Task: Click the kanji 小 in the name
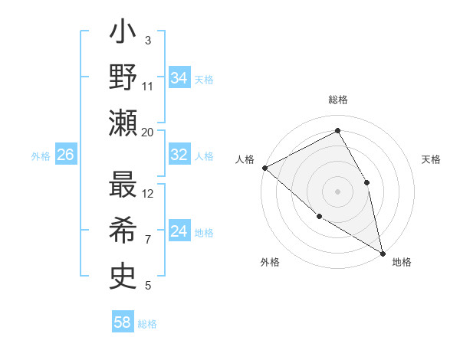point(123,34)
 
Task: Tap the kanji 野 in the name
point(123,78)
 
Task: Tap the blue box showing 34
point(179,78)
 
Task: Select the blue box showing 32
point(179,155)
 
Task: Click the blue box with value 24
point(179,231)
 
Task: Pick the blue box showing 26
point(65,155)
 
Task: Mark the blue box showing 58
point(122,322)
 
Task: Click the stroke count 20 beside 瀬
point(147,132)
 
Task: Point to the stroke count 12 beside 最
point(148,193)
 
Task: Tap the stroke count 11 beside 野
point(148,86)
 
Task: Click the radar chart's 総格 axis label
point(338,100)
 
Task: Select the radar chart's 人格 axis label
point(245,159)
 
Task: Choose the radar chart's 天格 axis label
point(431,159)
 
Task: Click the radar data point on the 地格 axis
point(383,252)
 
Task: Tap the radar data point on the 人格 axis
point(264,168)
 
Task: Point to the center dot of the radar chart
point(337,191)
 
